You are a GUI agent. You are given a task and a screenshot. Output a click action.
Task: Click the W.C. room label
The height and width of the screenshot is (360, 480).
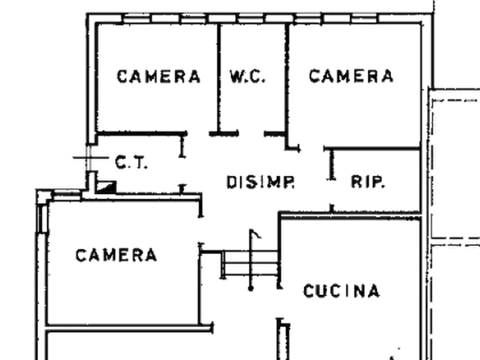tap(247, 76)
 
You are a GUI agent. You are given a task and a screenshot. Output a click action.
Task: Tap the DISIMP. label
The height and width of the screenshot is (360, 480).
tap(261, 182)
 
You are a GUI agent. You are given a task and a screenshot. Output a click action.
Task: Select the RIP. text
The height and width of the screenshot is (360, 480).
tap(367, 182)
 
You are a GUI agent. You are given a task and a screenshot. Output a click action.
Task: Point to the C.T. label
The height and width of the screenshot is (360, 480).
tap(131, 162)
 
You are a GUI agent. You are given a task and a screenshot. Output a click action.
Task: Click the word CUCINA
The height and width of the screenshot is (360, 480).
tap(342, 291)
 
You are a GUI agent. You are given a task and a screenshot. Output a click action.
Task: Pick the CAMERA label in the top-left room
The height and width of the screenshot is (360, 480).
tap(159, 76)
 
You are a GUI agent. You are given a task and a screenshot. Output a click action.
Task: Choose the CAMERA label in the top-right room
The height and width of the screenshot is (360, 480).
tap(351, 76)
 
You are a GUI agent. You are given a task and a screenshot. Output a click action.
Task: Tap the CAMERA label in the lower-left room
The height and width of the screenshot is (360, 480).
tap(116, 255)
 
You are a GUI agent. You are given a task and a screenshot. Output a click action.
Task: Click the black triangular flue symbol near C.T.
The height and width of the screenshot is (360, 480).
tap(106, 187)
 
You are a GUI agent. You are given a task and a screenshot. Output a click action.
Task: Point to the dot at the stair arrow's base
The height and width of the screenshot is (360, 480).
tap(250, 289)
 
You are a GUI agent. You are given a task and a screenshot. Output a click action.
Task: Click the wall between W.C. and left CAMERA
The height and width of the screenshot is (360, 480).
tap(219, 78)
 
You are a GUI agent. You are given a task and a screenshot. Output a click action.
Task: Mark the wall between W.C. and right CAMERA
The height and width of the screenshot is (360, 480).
tap(287, 78)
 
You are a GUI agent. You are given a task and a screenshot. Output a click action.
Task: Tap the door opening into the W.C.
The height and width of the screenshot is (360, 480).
tap(252, 133)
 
